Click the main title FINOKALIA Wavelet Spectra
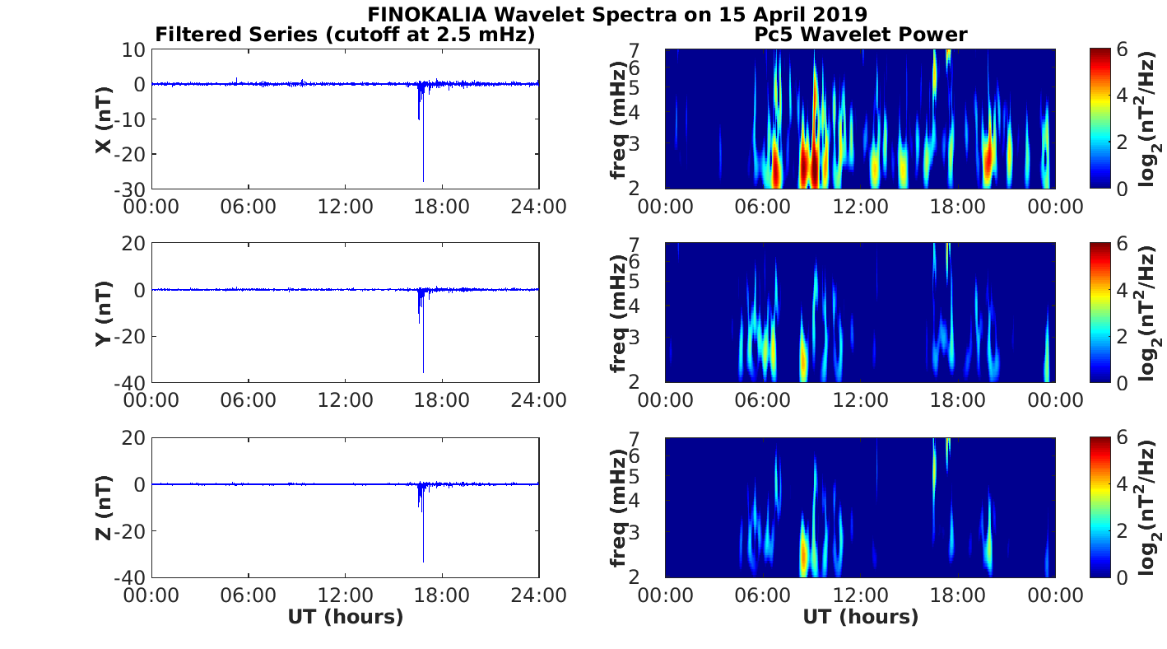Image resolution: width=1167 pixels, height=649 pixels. coord(616,14)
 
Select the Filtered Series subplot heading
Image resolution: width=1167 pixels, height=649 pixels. coord(345,35)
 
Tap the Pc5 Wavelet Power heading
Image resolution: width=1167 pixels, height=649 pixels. coord(860,35)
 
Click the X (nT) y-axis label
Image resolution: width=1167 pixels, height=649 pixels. coord(103,119)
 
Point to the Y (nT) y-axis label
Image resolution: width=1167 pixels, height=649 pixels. coord(103,313)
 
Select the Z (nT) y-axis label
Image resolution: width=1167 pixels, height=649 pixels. coord(103,507)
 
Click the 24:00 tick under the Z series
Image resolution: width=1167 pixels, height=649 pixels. coord(538,595)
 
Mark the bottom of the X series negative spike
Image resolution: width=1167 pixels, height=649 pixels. coord(423,181)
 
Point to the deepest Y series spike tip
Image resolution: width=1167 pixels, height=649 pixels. coord(423,372)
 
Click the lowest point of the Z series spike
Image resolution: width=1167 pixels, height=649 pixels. coord(423,562)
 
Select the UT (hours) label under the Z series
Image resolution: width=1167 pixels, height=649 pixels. coord(345,617)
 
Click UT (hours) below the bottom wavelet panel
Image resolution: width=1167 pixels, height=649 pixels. coord(860,617)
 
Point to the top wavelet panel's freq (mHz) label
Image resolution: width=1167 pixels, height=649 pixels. coord(618,119)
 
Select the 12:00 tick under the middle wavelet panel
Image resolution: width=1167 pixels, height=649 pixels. coord(860,400)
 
